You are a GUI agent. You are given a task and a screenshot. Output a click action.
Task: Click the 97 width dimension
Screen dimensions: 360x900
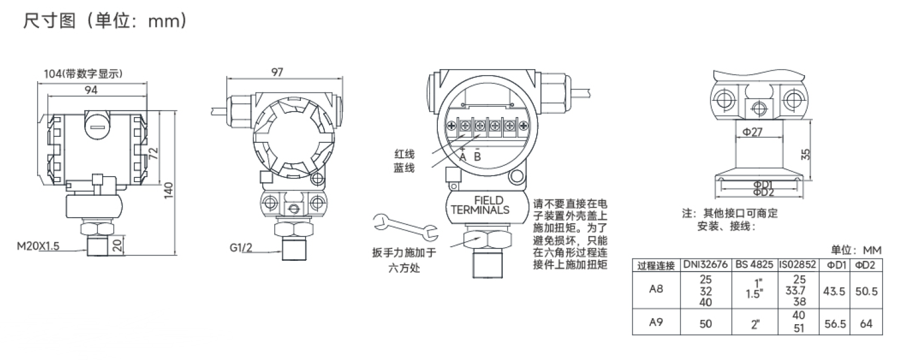pos(277,72)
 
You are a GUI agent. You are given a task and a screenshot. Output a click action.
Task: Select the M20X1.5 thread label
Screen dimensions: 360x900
pos(38,246)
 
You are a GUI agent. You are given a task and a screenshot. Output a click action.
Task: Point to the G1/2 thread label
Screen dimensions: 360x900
pos(241,246)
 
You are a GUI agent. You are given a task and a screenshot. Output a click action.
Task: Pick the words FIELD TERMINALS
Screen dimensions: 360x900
pos(480,205)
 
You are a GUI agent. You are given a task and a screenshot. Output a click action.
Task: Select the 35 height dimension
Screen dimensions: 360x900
pos(806,154)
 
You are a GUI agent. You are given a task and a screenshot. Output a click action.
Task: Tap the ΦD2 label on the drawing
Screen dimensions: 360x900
pos(763,192)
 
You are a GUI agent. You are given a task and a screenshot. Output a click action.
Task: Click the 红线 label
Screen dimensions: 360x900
pos(404,155)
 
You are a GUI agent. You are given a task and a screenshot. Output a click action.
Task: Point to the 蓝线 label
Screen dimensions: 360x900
pos(404,168)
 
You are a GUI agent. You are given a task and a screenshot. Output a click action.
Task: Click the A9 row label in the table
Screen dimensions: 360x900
pos(656,323)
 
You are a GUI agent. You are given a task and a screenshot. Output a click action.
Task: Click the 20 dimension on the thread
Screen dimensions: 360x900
pos(117,244)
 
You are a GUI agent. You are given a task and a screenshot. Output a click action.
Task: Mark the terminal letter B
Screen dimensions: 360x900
pos(477,156)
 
